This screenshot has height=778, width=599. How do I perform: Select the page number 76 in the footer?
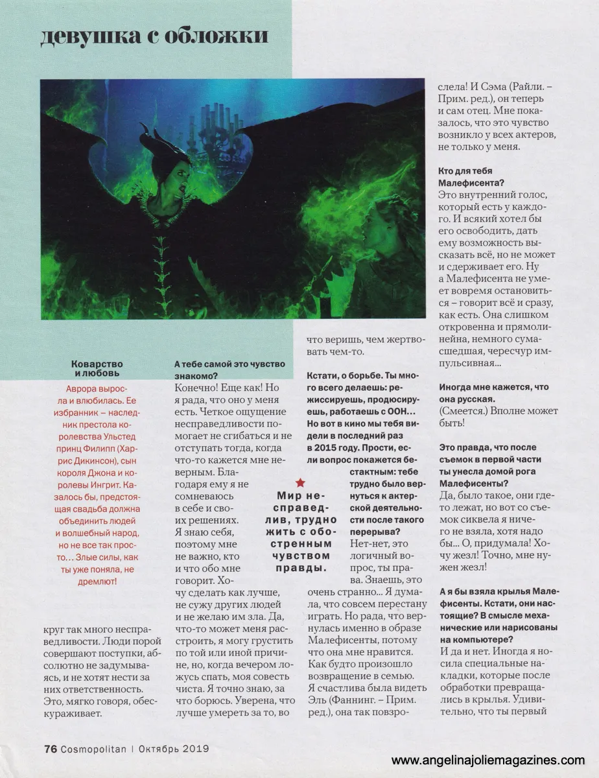pos(51,749)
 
